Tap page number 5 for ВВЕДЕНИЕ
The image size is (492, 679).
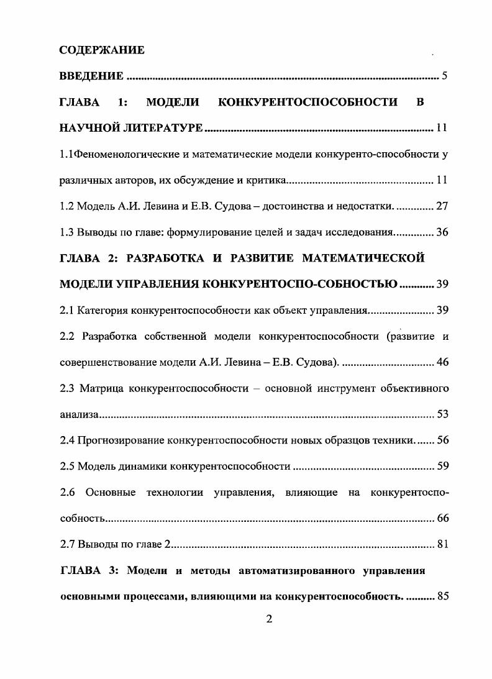[x=444, y=76]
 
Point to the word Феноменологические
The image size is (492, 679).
[x=118, y=154]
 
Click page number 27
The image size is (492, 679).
[x=442, y=206]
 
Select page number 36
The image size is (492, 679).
[x=442, y=232]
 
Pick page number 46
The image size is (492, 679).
[x=442, y=362]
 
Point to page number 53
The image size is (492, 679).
[x=442, y=414]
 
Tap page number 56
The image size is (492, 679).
[x=442, y=440]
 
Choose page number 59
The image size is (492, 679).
[x=442, y=466]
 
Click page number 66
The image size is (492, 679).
[x=442, y=518]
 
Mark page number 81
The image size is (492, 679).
[x=442, y=545]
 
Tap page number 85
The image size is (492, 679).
[x=442, y=597]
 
